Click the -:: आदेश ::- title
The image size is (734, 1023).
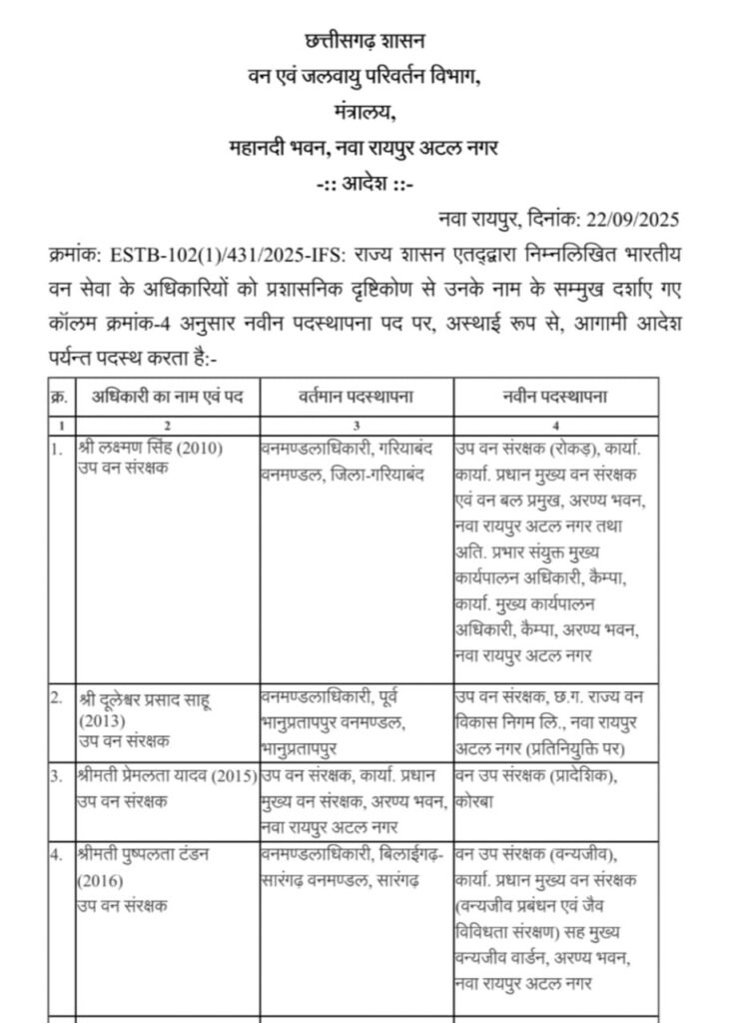365,184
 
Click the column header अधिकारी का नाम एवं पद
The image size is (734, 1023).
166,398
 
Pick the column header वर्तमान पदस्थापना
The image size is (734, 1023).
357,398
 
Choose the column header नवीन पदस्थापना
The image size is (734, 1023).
556,398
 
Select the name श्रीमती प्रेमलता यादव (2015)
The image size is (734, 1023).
166,775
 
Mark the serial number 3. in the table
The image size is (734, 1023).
56,776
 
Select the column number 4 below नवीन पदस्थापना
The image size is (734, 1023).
556,424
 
